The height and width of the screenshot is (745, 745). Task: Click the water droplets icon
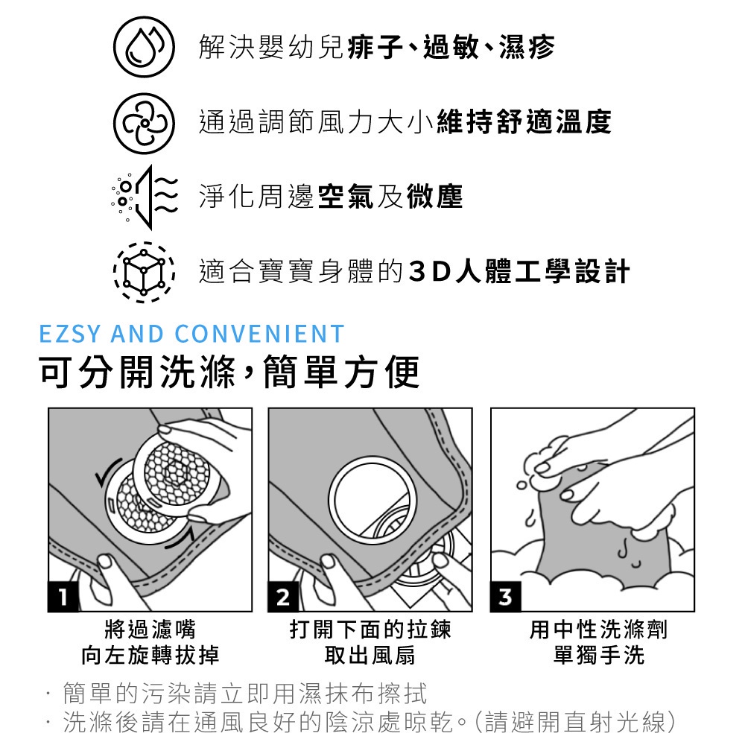pos(144,47)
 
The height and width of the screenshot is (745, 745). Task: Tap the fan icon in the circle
pos(144,123)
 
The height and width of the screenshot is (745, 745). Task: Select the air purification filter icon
pos(145,197)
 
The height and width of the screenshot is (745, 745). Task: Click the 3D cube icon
pos(144,272)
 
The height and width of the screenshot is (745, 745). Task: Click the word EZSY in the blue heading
pos(70,334)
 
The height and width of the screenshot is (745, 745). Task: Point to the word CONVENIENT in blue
pos(260,334)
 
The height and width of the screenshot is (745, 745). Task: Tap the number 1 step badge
pos(63,596)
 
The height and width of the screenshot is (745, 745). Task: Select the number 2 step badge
pos(283,596)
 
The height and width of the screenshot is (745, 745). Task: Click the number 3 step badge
pos(506,596)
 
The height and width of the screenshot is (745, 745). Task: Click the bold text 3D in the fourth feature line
pos(429,272)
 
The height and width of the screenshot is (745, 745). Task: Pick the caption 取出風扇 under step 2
pos(370,655)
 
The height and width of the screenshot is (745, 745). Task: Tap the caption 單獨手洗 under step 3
pos(599,655)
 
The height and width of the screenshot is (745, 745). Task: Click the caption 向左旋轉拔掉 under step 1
pos(150,655)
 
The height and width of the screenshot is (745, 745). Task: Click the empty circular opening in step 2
pos(372,501)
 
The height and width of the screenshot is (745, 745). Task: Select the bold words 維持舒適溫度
pos(524,122)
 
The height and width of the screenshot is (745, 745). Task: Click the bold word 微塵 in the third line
pos(434,197)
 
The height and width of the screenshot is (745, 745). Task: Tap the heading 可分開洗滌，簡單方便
pos(229,372)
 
